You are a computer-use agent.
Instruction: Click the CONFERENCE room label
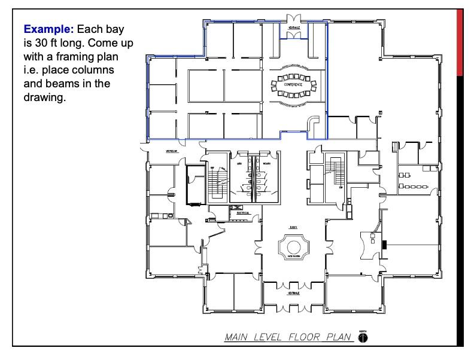point(293,86)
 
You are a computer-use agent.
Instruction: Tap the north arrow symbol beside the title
point(363,337)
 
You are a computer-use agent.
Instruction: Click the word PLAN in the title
point(339,337)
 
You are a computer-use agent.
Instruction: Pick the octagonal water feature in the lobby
point(293,246)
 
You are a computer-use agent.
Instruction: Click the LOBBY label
point(293,227)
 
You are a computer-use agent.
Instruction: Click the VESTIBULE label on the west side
point(172,152)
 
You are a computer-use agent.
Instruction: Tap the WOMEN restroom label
point(266,162)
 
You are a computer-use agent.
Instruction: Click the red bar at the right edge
point(460,42)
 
